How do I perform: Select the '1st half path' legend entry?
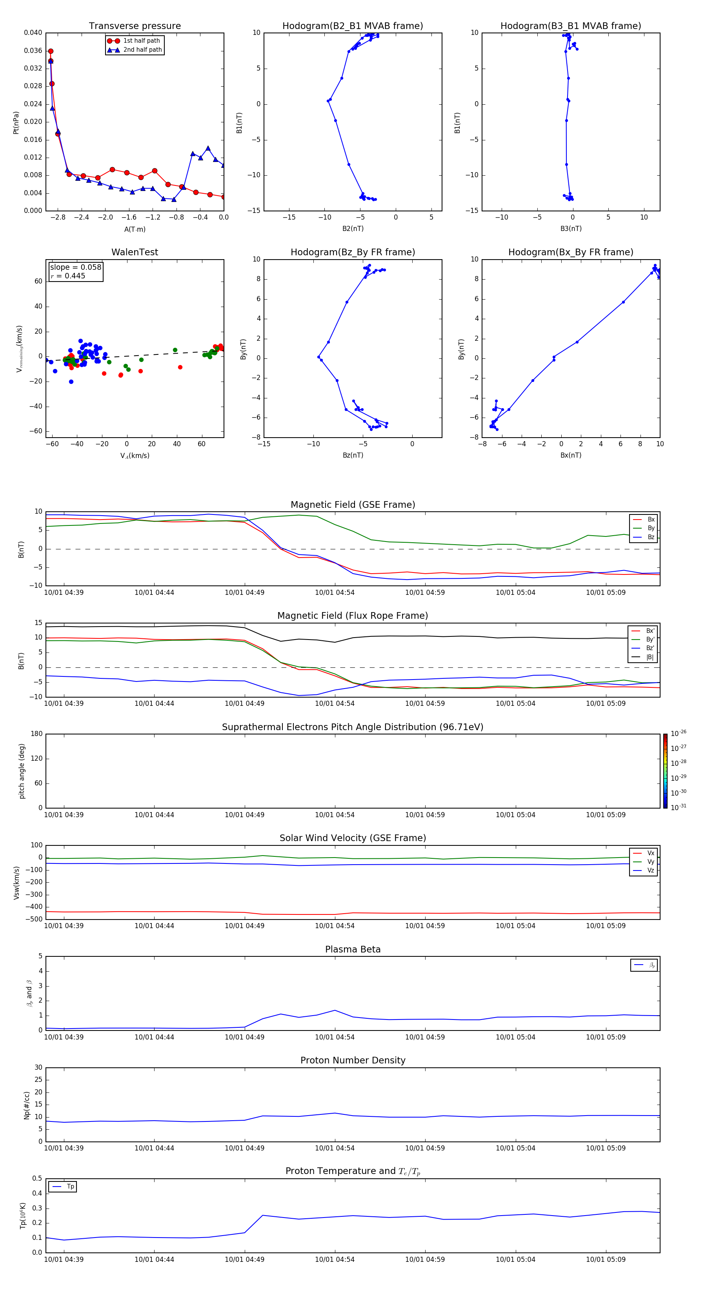point(141,41)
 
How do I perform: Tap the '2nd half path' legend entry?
point(142,50)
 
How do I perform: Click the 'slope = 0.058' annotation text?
point(75,267)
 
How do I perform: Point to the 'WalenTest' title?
point(135,252)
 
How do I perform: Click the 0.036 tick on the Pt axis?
point(33,51)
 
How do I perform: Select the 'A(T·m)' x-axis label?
point(135,229)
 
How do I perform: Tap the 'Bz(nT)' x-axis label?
point(353,455)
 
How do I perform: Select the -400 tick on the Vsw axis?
point(35,907)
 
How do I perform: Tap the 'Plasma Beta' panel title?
point(353,949)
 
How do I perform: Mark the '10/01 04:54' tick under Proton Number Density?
point(335,1148)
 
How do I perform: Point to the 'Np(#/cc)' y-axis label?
point(27,1105)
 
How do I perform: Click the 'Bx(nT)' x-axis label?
point(570,455)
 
